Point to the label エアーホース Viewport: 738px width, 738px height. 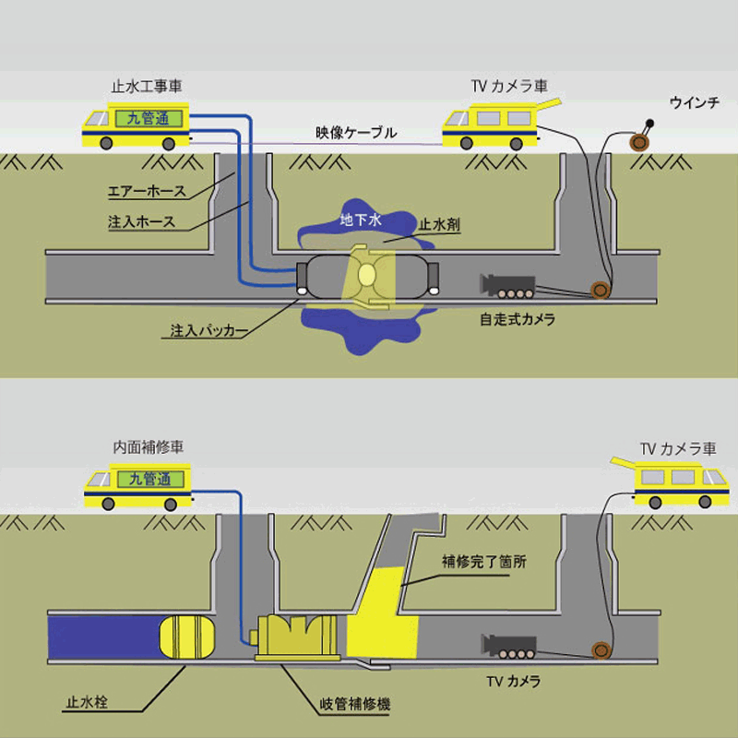click(x=148, y=192)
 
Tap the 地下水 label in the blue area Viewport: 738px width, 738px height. click(x=355, y=221)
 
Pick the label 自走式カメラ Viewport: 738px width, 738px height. click(x=517, y=320)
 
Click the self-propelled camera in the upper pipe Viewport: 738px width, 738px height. click(x=507, y=286)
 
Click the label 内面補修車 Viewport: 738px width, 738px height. click(x=147, y=446)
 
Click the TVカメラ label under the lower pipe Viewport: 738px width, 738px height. click(x=513, y=683)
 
